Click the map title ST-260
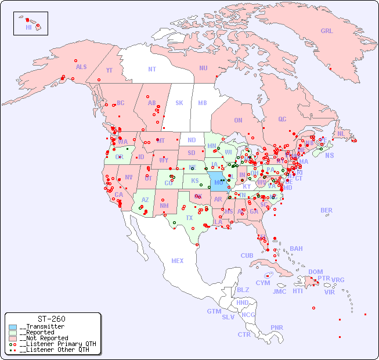point(51,319)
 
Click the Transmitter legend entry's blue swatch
point(13,327)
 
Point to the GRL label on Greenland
point(327,31)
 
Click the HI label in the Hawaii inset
point(28,27)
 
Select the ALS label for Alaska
point(81,67)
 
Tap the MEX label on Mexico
point(178,261)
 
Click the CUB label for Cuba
point(247,255)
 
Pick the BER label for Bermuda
point(327,210)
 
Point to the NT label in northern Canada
point(152,69)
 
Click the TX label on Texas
point(189,218)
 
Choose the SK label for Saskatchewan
point(179,103)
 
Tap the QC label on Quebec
point(282,119)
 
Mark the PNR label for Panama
point(277,327)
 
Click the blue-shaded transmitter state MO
point(217,181)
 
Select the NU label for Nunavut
point(203,68)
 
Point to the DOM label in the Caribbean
point(315,272)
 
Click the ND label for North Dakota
point(192,140)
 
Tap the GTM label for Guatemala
point(214,311)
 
